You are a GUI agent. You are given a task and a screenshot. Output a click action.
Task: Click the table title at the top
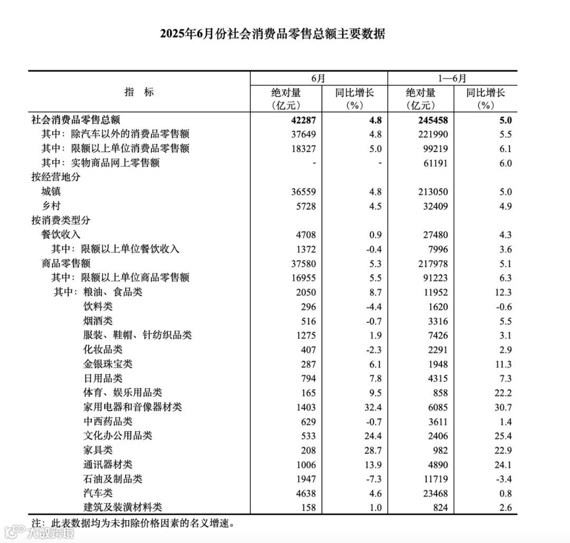273,34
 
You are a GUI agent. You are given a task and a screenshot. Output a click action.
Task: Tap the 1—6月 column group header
452,78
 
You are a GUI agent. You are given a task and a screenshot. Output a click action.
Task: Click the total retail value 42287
303,120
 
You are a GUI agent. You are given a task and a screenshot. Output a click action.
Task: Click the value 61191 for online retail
434,163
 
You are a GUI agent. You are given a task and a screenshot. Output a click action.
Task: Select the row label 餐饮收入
61,235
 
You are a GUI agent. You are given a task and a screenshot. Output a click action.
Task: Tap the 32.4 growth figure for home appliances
372,407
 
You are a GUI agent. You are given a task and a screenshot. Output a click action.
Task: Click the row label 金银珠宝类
108,364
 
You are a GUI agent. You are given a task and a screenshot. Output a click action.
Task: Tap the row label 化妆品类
103,350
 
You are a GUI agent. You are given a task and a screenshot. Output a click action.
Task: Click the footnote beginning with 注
132,523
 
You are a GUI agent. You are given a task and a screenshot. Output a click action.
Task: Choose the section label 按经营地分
56,177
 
